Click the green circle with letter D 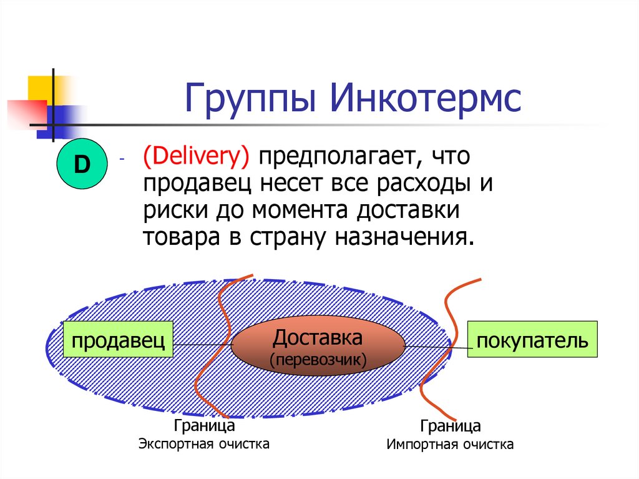(x=82, y=165)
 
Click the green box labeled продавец (x=119, y=340)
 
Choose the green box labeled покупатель (x=532, y=340)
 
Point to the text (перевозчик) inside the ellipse (x=318, y=360)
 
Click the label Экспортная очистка (x=204, y=444)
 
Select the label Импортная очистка (x=450, y=445)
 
